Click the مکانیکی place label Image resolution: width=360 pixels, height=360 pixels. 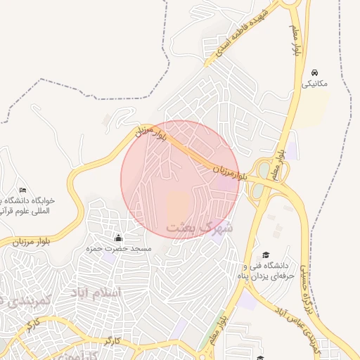click(x=314, y=83)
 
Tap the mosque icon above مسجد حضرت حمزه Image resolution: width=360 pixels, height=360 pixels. click(x=118, y=238)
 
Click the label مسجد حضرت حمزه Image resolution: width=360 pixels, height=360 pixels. click(x=118, y=249)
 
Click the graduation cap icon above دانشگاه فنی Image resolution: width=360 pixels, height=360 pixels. click(x=266, y=255)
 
